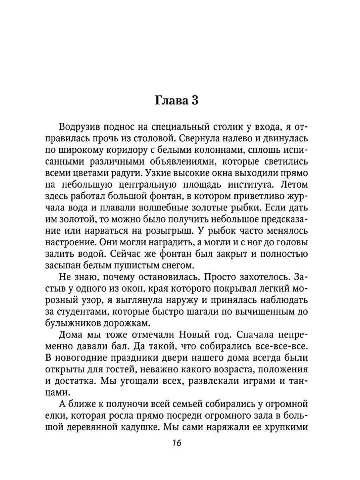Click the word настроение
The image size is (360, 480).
click(80, 242)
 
